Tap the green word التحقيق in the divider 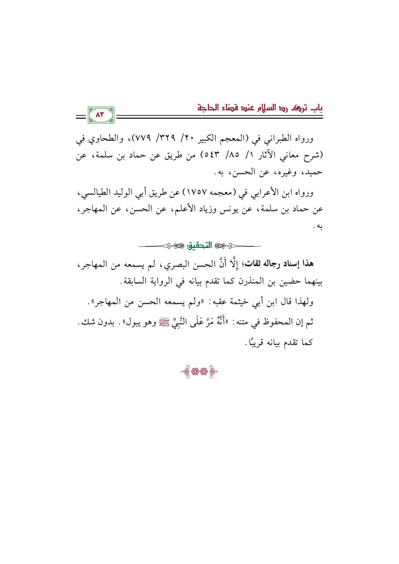click(x=200, y=246)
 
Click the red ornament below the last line click(x=199, y=372)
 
